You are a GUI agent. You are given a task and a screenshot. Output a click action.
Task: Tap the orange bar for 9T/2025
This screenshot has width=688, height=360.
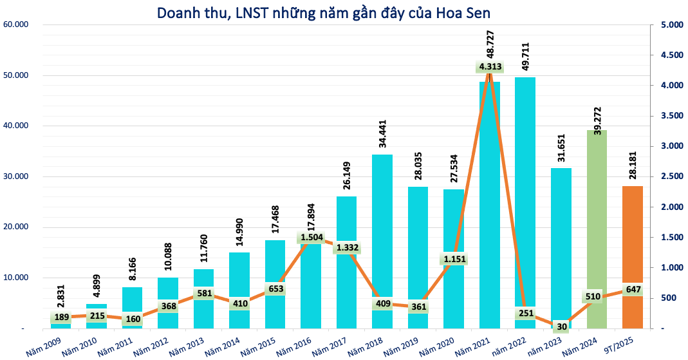coord(632,245)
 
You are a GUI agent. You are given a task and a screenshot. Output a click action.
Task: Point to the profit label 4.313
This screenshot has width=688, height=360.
coord(490,66)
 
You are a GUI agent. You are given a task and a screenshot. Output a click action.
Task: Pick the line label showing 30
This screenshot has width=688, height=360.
coord(562,327)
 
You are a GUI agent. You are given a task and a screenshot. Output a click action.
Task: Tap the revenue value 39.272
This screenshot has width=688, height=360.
coord(597,110)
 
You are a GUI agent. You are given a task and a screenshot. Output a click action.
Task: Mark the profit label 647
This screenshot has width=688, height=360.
coord(633,290)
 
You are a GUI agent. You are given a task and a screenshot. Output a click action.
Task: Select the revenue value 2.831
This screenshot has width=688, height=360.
coord(62,302)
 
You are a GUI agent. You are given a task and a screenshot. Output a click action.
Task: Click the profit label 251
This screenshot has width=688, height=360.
coord(526,313)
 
